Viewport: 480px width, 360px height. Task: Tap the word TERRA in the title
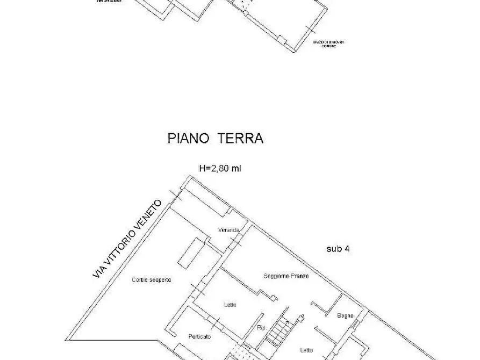click(240, 139)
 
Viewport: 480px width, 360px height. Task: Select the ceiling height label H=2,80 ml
click(220, 168)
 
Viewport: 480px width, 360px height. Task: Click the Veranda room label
click(228, 231)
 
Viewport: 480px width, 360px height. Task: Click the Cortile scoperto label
click(152, 280)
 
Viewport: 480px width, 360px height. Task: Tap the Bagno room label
click(345, 315)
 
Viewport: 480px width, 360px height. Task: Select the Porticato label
click(199, 336)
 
